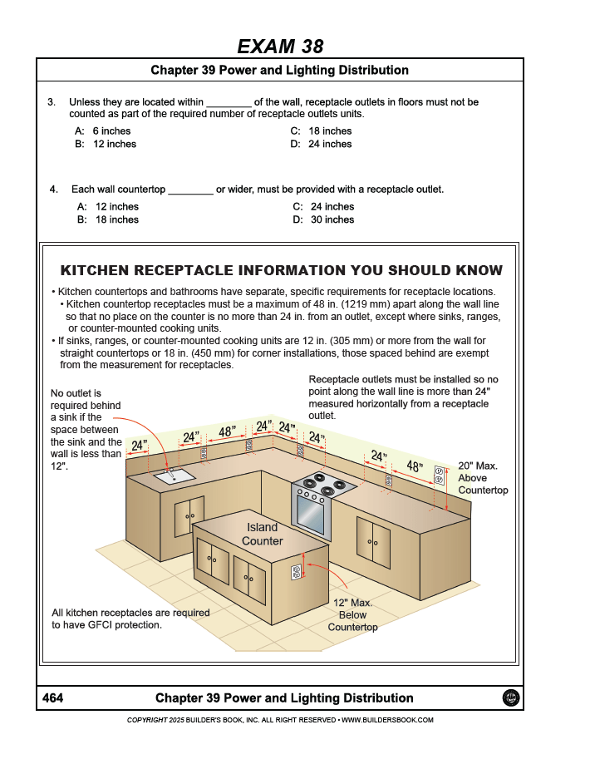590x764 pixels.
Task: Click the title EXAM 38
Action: (280, 46)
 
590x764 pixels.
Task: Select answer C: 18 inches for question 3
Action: (321, 131)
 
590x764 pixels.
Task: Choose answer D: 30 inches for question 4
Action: (323, 220)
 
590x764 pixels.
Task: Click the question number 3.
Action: (52, 102)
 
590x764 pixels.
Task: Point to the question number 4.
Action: (53, 190)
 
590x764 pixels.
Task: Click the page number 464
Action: (53, 698)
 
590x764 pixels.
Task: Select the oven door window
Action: (310, 515)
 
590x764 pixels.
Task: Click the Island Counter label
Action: (263, 535)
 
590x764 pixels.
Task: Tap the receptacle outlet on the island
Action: (295, 571)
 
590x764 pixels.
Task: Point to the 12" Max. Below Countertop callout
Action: (352, 614)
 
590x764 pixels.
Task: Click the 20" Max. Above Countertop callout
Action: (482, 478)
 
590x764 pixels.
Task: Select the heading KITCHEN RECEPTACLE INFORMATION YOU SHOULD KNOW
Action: (282, 270)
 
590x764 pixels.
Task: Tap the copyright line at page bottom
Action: (280, 720)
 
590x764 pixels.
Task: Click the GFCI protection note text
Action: (130, 619)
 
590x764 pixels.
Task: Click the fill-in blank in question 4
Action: (190, 190)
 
